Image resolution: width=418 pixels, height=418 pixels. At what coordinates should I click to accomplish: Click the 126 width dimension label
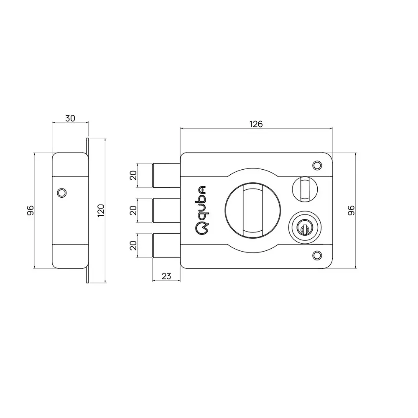(255, 124)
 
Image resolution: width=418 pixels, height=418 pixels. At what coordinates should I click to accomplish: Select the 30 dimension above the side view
(70, 118)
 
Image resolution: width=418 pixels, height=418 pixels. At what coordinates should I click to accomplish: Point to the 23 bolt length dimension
(166, 276)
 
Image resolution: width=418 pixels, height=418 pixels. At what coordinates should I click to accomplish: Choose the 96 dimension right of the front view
(351, 210)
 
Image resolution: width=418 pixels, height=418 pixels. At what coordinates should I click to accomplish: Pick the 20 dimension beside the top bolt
(133, 175)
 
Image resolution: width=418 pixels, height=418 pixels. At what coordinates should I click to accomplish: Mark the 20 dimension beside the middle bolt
(133, 210)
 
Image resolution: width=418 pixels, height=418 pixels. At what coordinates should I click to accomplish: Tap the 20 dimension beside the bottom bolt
(133, 245)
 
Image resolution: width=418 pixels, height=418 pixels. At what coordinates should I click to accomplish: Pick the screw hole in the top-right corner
(317, 165)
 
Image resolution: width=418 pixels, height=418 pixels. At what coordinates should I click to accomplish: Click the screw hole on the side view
(61, 192)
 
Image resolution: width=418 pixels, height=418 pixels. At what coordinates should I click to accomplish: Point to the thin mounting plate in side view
(87, 210)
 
